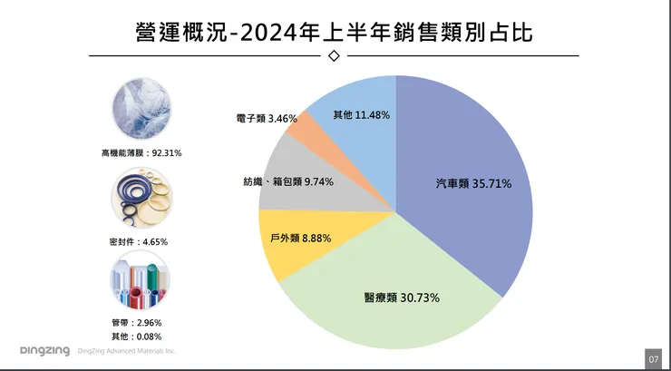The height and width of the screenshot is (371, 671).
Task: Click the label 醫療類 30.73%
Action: (x=396, y=298)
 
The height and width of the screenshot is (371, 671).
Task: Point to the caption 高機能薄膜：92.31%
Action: (x=142, y=153)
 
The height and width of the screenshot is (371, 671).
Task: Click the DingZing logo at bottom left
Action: (x=44, y=351)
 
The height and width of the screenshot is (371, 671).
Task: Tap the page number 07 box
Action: (x=654, y=358)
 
